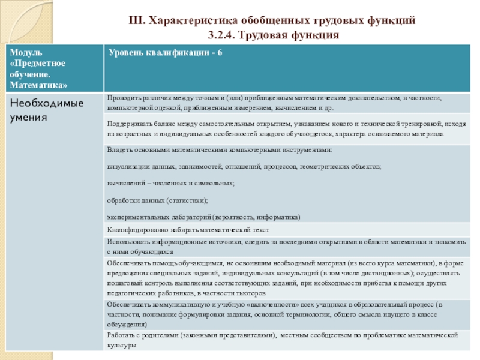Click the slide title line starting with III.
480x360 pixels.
[272, 21]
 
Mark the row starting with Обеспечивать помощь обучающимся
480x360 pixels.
[282, 278]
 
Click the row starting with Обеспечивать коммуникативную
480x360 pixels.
[276, 314]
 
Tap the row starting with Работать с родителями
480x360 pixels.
[282, 340]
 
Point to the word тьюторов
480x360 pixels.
[248, 294]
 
